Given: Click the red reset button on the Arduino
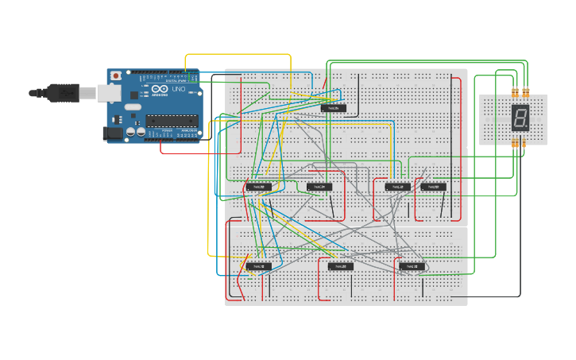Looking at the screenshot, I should point(116,75).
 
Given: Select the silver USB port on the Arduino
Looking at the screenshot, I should point(110,94).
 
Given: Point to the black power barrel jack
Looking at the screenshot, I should point(114,134).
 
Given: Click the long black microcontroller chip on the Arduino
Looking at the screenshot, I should point(171,121).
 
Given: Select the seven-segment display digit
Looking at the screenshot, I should point(520,118).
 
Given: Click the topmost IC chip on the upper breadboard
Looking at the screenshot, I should point(334,107).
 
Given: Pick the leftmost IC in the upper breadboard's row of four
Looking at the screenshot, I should point(258,187).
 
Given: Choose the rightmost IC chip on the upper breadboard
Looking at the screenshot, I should point(433,187).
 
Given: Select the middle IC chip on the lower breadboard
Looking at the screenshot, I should point(341,266).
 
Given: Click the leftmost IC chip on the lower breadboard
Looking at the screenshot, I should point(258,266).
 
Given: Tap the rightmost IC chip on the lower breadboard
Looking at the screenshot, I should point(412,266).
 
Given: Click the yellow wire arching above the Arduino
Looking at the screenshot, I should point(238,55).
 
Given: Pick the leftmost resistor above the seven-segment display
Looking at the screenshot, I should point(515,90).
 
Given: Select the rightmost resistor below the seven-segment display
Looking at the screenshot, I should point(524,143).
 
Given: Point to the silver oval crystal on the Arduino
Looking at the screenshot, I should point(133,106).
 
